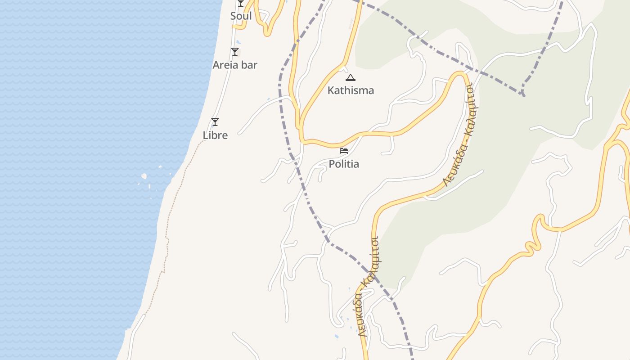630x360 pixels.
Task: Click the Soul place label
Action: (x=241, y=16)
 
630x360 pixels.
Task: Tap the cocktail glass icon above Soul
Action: (x=241, y=3)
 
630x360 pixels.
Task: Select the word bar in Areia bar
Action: (x=249, y=65)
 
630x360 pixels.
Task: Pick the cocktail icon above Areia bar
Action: (x=234, y=52)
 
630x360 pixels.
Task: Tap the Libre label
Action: (x=215, y=135)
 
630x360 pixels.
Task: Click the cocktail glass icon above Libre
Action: (x=215, y=122)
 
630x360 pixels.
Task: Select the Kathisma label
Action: (x=351, y=90)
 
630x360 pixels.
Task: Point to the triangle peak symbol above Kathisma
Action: (x=351, y=77)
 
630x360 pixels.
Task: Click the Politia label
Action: (x=344, y=164)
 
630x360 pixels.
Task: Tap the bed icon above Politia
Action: (x=344, y=150)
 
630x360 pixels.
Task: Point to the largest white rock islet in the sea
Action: (x=144, y=176)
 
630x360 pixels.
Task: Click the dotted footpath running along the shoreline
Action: (x=167, y=234)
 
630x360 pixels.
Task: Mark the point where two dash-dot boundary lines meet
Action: (x=522, y=94)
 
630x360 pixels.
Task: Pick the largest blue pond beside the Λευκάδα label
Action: (x=337, y=336)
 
